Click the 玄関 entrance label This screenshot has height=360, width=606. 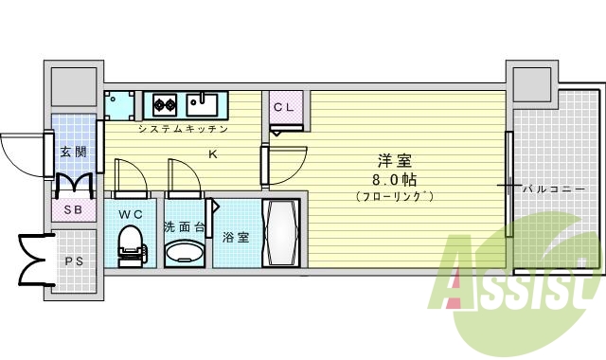[x=73, y=151]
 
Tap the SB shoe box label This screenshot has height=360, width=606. [x=73, y=209]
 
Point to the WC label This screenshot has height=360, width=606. [x=131, y=213]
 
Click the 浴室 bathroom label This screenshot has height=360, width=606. [x=236, y=237]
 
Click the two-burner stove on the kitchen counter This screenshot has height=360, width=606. [x=161, y=102]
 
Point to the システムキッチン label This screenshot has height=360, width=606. [x=183, y=128]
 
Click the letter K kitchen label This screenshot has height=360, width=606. [x=212, y=153]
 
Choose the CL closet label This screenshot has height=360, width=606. [x=284, y=107]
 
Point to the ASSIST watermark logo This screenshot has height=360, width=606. [x=516, y=275]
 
